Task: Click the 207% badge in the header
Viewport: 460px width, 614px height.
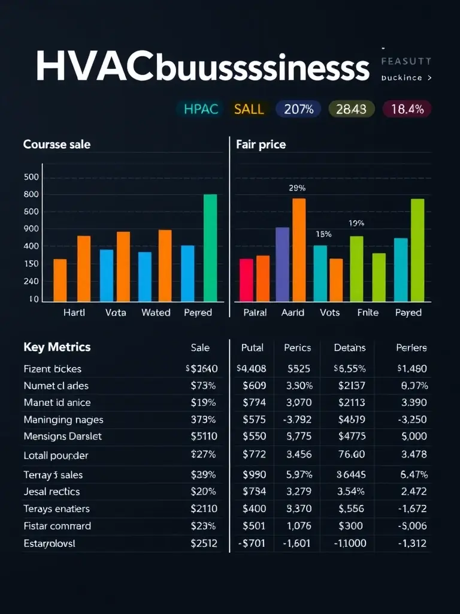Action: click(299, 109)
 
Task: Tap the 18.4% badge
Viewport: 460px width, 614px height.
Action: click(407, 109)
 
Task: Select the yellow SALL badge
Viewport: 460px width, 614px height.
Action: click(249, 109)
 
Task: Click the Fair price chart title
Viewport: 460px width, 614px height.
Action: click(261, 145)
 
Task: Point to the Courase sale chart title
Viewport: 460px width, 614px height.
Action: click(57, 145)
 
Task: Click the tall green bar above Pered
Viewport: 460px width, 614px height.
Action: click(210, 248)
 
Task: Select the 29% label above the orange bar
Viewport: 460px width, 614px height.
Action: click(297, 188)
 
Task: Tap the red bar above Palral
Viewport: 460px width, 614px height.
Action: click(246, 280)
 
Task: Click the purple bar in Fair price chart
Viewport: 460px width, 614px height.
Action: click(282, 264)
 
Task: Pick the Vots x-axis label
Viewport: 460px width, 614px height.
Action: click(330, 312)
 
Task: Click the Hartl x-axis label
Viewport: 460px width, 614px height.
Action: click(74, 312)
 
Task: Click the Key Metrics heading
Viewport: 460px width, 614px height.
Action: click(57, 347)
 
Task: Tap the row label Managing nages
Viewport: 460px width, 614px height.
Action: click(63, 420)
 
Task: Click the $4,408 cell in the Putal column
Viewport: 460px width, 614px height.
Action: click(252, 369)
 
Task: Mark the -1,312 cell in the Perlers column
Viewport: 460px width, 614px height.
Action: click(413, 544)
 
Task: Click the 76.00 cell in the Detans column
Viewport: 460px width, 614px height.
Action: click(351, 455)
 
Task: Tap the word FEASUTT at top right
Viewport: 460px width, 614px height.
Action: click(406, 61)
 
